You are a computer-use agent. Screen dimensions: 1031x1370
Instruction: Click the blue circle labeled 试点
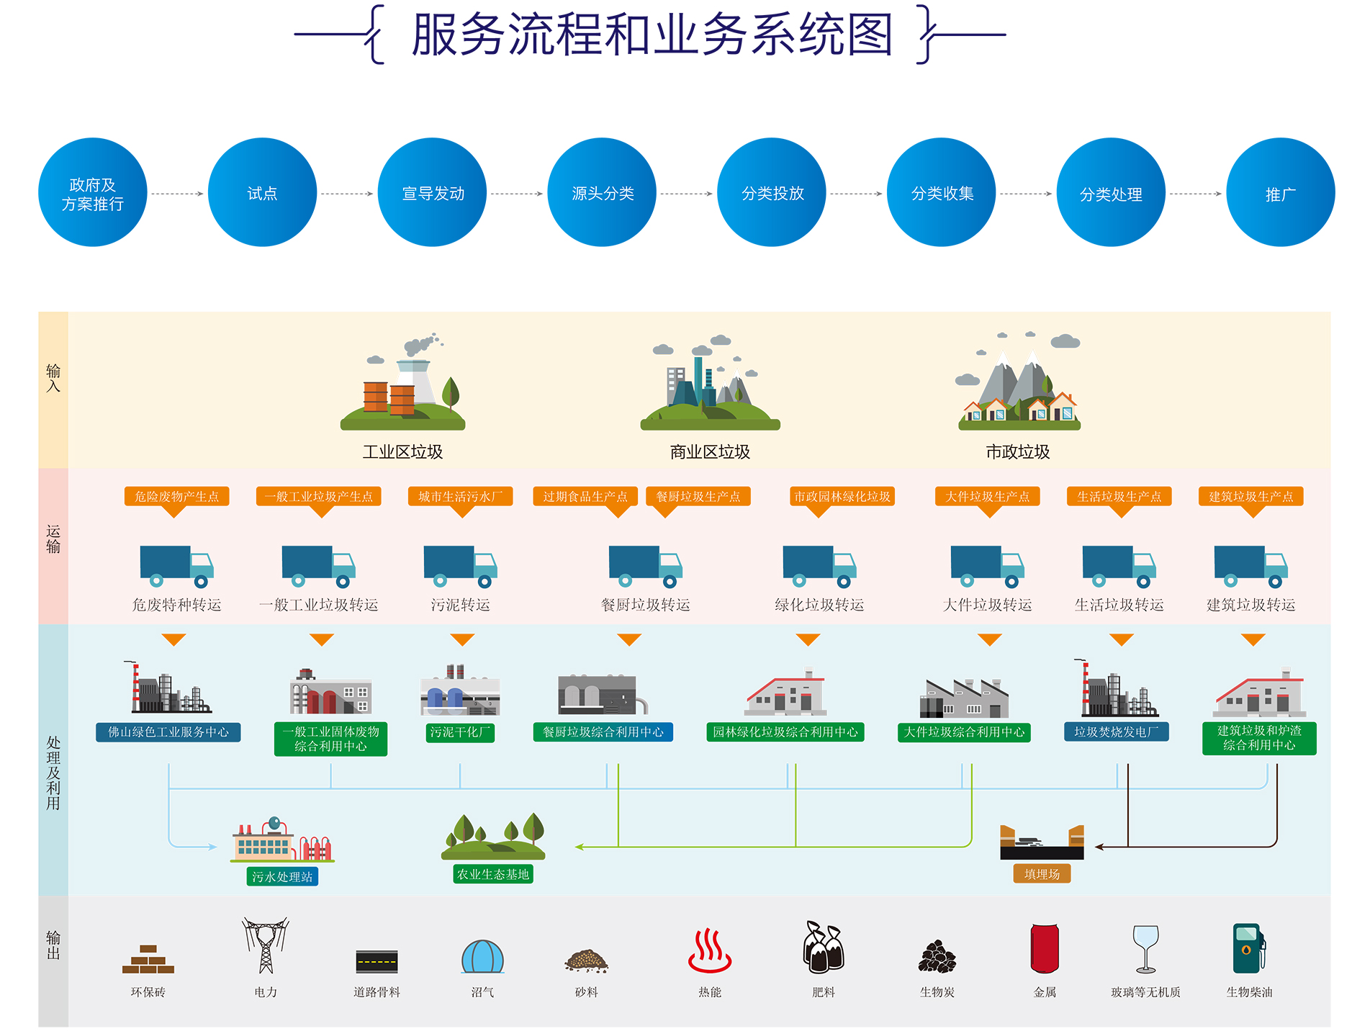point(262,192)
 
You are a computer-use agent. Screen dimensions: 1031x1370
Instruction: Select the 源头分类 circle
point(602,192)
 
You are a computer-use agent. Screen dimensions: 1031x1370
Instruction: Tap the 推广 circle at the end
point(1280,192)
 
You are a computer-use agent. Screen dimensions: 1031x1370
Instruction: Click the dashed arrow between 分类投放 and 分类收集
point(856,194)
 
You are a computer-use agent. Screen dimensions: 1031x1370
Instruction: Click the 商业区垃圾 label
point(710,451)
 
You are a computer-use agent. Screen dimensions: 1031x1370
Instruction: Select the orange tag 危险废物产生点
point(176,496)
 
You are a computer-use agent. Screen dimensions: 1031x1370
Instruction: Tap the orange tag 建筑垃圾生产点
point(1250,496)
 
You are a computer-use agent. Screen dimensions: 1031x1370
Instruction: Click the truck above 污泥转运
point(460,566)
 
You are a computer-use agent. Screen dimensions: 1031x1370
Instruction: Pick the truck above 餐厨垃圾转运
point(645,566)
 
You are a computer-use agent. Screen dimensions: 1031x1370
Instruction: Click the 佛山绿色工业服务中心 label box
point(168,732)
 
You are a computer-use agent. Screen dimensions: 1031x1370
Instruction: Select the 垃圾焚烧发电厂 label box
point(1117,732)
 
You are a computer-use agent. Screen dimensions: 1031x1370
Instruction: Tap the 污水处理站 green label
point(282,876)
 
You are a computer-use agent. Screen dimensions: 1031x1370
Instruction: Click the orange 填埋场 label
point(1042,874)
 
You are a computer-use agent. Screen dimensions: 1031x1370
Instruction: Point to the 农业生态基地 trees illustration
point(493,837)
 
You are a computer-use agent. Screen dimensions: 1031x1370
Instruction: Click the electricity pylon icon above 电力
point(266,945)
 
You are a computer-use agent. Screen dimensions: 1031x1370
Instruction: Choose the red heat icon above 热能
point(710,951)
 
